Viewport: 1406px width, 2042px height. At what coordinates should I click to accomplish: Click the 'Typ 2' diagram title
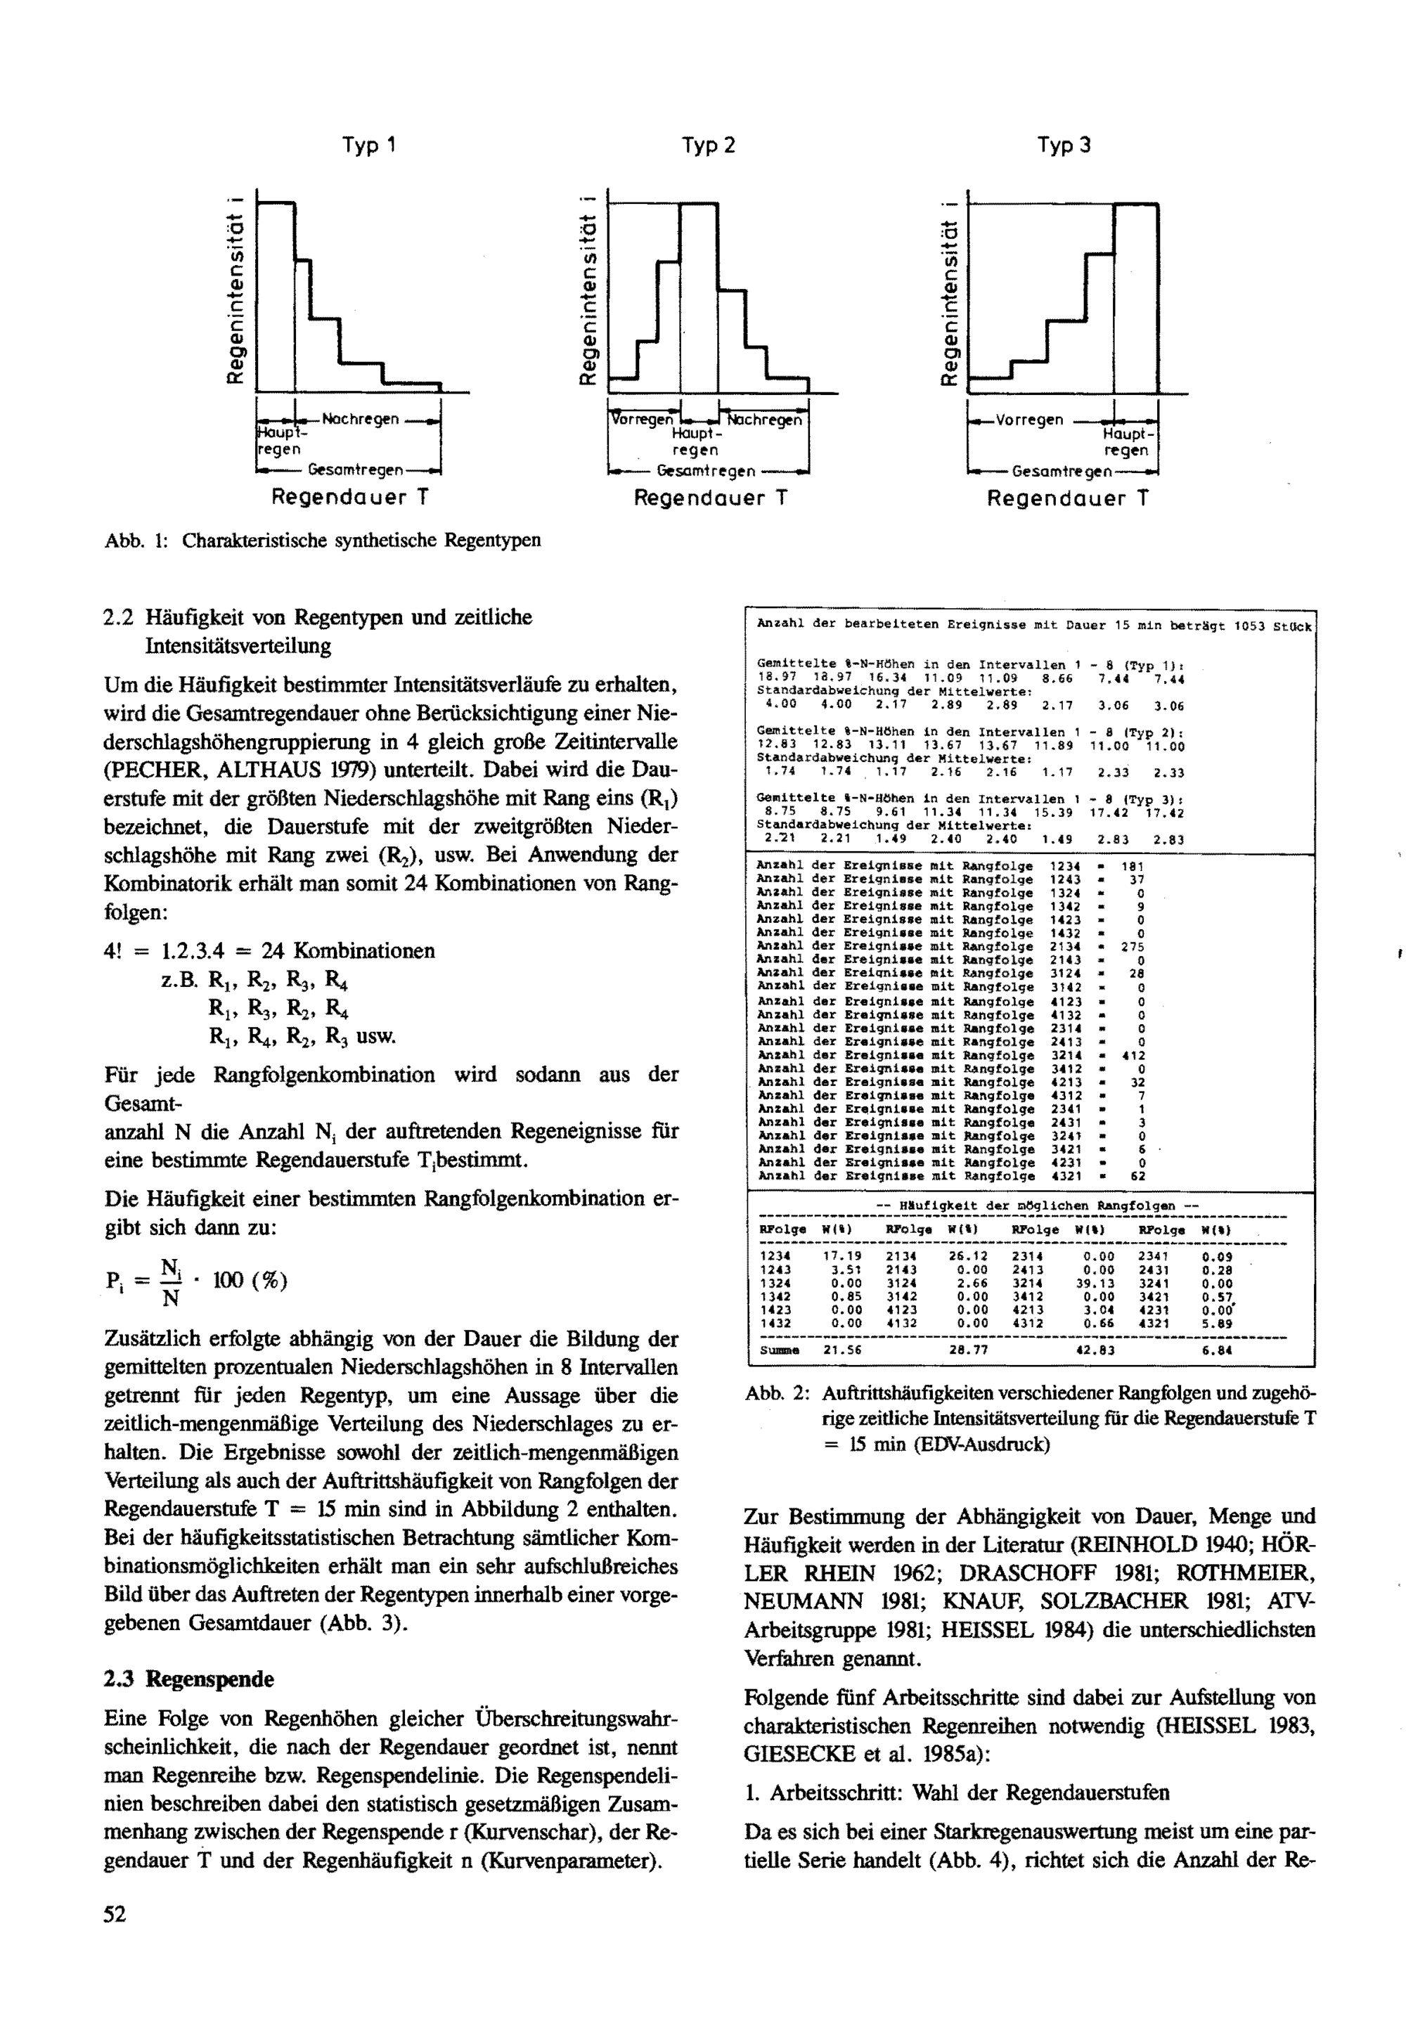click(709, 146)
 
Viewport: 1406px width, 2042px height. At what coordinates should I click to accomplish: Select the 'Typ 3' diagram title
click(1064, 146)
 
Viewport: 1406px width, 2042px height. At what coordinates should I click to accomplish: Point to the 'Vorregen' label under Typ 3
click(1030, 420)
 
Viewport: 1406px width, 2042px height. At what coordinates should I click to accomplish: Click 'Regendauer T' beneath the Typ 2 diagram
click(710, 498)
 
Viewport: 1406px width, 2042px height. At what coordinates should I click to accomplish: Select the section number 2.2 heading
click(118, 618)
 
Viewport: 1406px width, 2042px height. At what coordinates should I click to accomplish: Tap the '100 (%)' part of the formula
click(250, 1280)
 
